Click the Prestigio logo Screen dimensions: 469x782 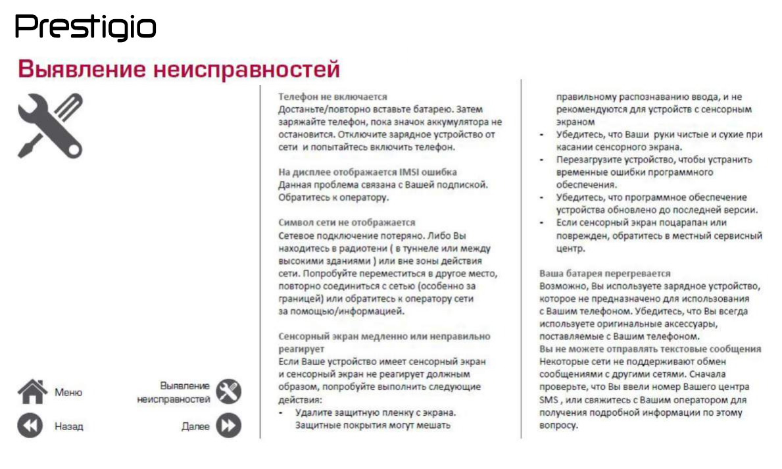pyautogui.click(x=86, y=28)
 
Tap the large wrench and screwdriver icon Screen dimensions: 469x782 pyautogui.click(x=50, y=125)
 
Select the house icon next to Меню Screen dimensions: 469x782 pyautogui.click(x=32, y=392)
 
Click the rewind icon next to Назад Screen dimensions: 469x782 pyautogui.click(x=30, y=426)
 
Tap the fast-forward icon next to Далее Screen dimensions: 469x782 pyautogui.click(x=228, y=426)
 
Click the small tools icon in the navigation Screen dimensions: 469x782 pyautogui.click(x=228, y=392)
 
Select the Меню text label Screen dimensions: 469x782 pyautogui.click(x=68, y=393)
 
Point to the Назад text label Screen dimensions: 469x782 pyautogui.click(x=69, y=426)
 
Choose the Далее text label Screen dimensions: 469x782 pyautogui.click(x=195, y=426)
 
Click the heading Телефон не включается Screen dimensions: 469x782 pyautogui.click(x=332, y=96)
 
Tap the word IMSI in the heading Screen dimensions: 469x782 pyautogui.click(x=408, y=172)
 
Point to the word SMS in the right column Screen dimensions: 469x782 pyautogui.click(x=548, y=400)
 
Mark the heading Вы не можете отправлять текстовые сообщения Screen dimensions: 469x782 pyautogui.click(x=650, y=349)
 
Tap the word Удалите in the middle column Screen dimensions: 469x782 pyautogui.click(x=313, y=412)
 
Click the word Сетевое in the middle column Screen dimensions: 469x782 pyautogui.click(x=296, y=235)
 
